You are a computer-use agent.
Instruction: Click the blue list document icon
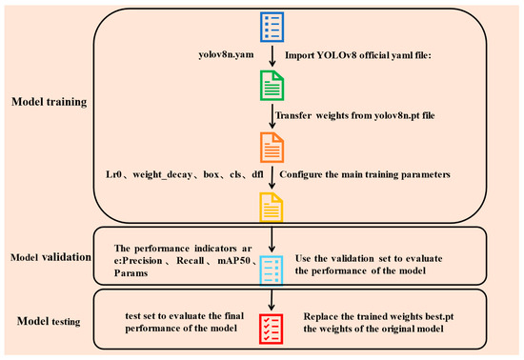272,27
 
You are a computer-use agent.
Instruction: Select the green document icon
272,86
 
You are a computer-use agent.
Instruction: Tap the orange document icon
272,148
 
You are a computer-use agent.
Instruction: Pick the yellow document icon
272,207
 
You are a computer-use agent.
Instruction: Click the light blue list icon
272,270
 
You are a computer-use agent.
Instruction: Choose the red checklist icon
272,329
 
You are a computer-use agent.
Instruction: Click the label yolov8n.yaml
226,55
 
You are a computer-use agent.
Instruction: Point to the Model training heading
50,102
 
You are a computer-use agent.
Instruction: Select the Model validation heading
50,257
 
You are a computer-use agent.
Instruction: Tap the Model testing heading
49,321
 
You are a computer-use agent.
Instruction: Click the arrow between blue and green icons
272,56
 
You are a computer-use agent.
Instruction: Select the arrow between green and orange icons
272,116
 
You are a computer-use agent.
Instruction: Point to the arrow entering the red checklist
272,300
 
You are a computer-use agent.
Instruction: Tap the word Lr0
113,174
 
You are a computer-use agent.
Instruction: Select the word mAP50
234,261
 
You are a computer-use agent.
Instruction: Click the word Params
131,272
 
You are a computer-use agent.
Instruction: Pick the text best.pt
439,316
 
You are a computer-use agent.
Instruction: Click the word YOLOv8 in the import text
336,55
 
